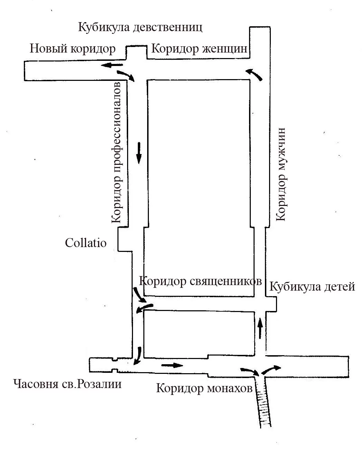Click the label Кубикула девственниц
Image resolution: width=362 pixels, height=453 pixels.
pos(140,28)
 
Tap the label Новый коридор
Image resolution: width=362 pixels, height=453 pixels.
pos(73,49)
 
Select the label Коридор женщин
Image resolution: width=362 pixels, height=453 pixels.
pos(199,49)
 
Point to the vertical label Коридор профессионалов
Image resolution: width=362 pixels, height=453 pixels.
pos(116,152)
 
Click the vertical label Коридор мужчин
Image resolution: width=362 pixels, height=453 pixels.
pos(281,174)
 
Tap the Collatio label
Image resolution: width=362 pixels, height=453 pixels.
pos(86,243)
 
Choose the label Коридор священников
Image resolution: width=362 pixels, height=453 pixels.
pos(200,281)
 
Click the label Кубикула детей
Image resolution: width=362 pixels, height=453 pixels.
pos(312,286)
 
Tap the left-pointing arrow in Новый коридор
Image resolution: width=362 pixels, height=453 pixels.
pos(112,65)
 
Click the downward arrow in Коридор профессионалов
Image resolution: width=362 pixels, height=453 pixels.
pos(139,153)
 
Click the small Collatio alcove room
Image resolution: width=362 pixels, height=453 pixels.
pos(125,239)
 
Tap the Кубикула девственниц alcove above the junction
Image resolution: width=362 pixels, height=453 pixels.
pos(136,53)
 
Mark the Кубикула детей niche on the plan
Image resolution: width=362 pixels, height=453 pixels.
pos(271,304)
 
